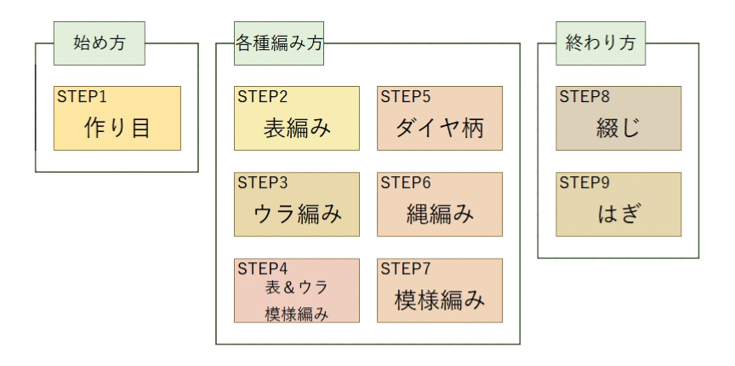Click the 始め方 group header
tap(100, 43)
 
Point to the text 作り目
tap(117, 129)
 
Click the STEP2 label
tap(263, 96)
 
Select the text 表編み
tap(297, 129)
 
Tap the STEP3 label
tap(263, 182)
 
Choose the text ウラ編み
tap(297, 214)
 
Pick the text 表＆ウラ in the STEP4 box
tap(297, 287)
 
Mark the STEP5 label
tap(406, 96)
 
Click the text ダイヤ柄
tap(440, 129)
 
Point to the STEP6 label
tap(406, 182)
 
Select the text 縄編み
tap(440, 214)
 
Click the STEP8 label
tap(584, 96)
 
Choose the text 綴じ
tap(618, 129)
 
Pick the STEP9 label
tap(584, 182)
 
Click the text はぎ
tap(618, 214)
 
